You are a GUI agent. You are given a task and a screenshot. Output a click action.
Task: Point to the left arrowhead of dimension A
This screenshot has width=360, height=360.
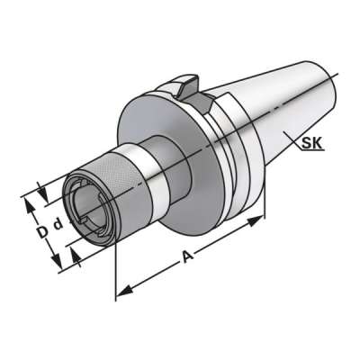pyautogui.click(x=121, y=294)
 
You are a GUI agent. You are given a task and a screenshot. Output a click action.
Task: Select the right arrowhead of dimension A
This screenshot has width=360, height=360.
pyautogui.click(x=261, y=218)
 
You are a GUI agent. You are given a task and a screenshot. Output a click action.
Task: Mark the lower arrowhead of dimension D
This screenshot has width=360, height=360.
pyautogui.click(x=61, y=267)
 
